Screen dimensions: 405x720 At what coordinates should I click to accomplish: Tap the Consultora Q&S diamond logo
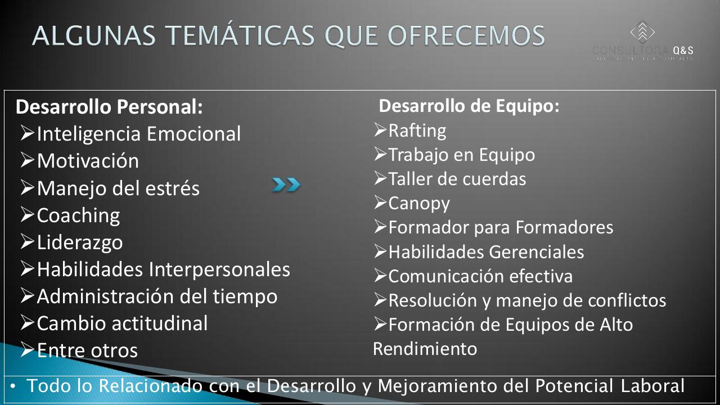(642, 31)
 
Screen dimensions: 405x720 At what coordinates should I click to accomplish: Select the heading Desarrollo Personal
(109, 107)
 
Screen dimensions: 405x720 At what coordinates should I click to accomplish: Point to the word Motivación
(88, 161)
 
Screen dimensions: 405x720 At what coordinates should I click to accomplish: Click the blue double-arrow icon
(286, 184)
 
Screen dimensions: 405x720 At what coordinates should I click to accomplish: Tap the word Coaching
(78, 215)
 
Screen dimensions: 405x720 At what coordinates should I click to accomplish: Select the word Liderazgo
(79, 242)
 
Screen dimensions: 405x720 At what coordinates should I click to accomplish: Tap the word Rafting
(417, 130)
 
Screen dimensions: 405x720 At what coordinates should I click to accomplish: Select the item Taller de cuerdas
(457, 179)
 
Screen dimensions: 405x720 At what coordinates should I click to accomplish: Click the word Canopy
(418, 203)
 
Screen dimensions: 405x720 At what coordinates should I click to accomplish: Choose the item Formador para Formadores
(501, 227)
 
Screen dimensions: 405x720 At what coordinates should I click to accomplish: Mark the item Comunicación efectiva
(480, 276)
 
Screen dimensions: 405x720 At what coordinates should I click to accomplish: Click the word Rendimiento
(425, 349)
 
